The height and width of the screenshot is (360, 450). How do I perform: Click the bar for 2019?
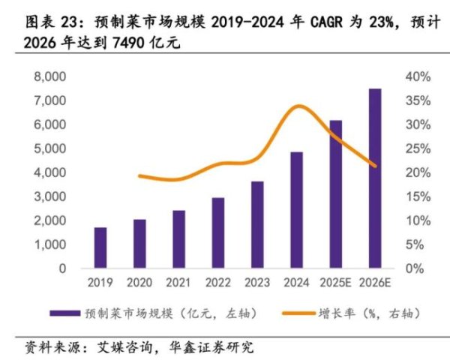click(100, 248)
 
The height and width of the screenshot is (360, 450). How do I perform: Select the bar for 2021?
click(178, 239)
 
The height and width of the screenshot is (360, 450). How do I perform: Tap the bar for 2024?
click(296, 210)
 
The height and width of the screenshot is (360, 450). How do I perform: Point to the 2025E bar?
click(335, 194)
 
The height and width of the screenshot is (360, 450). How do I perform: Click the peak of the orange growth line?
click(298, 106)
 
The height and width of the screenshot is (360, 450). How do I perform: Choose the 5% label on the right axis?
click(415, 244)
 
